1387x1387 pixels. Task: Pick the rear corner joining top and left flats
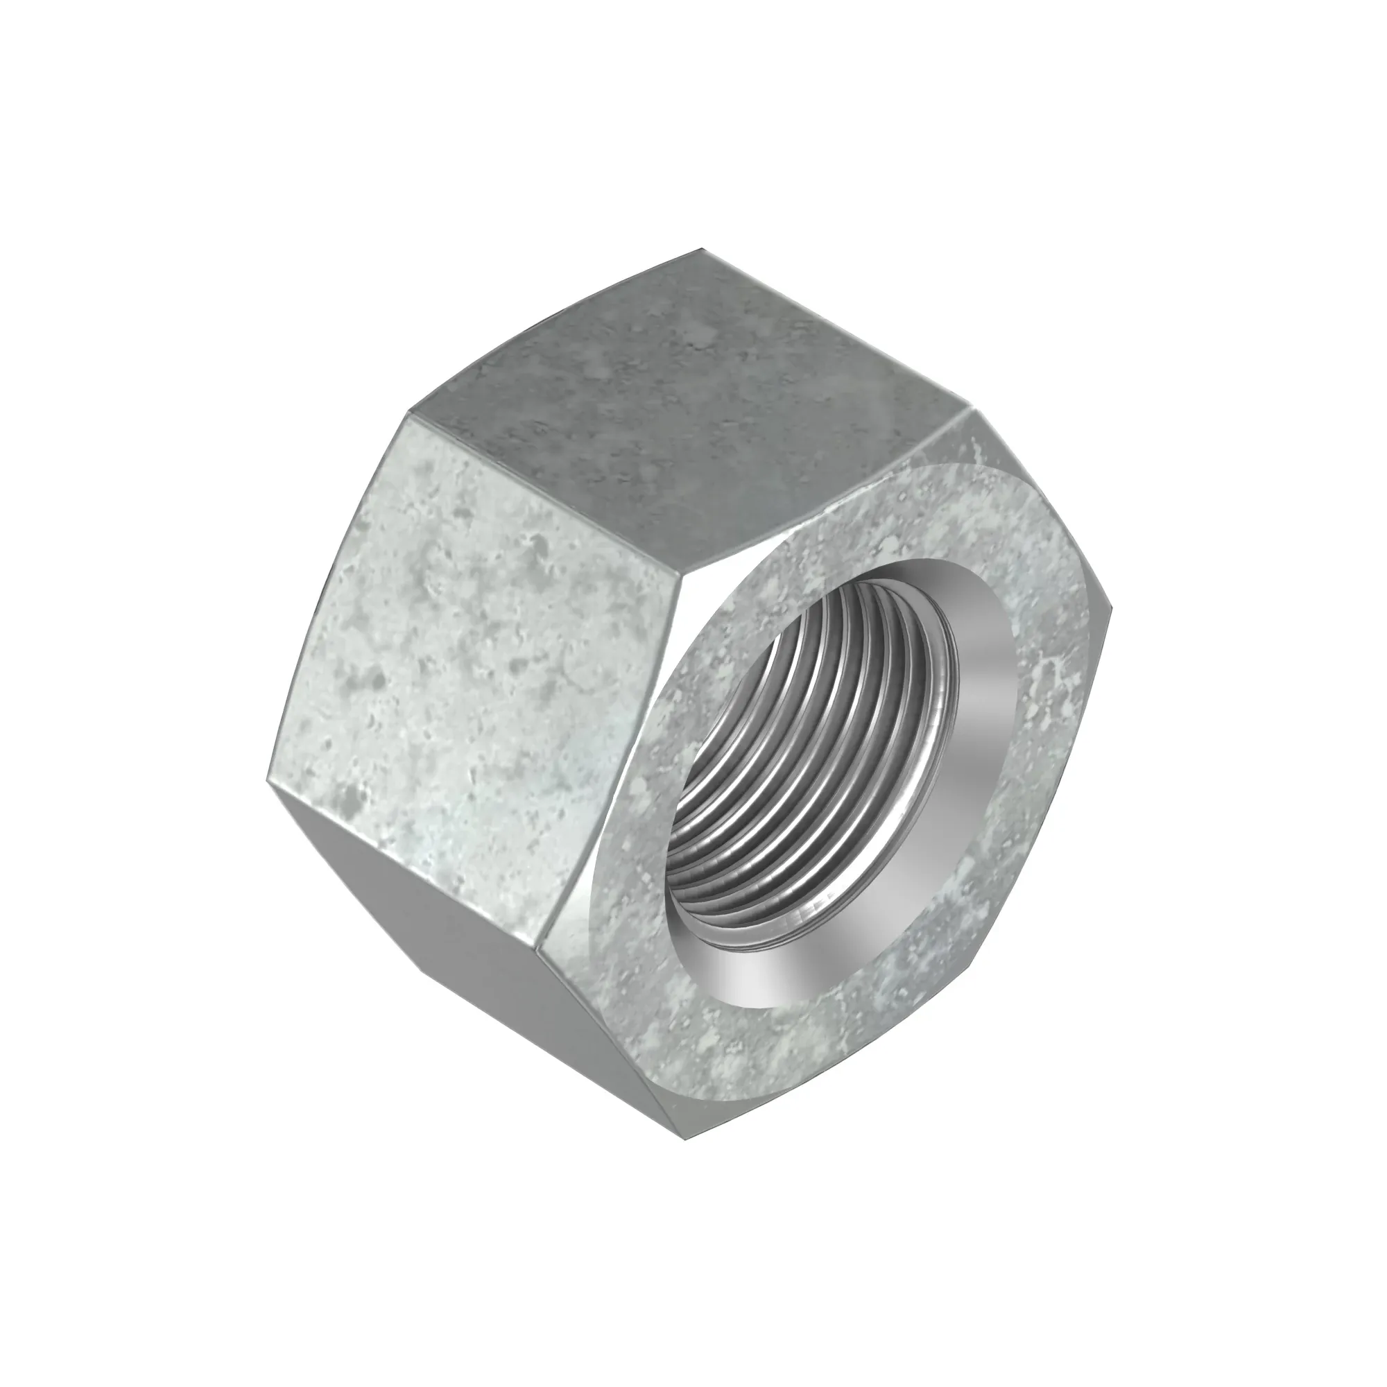pos(408,415)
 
